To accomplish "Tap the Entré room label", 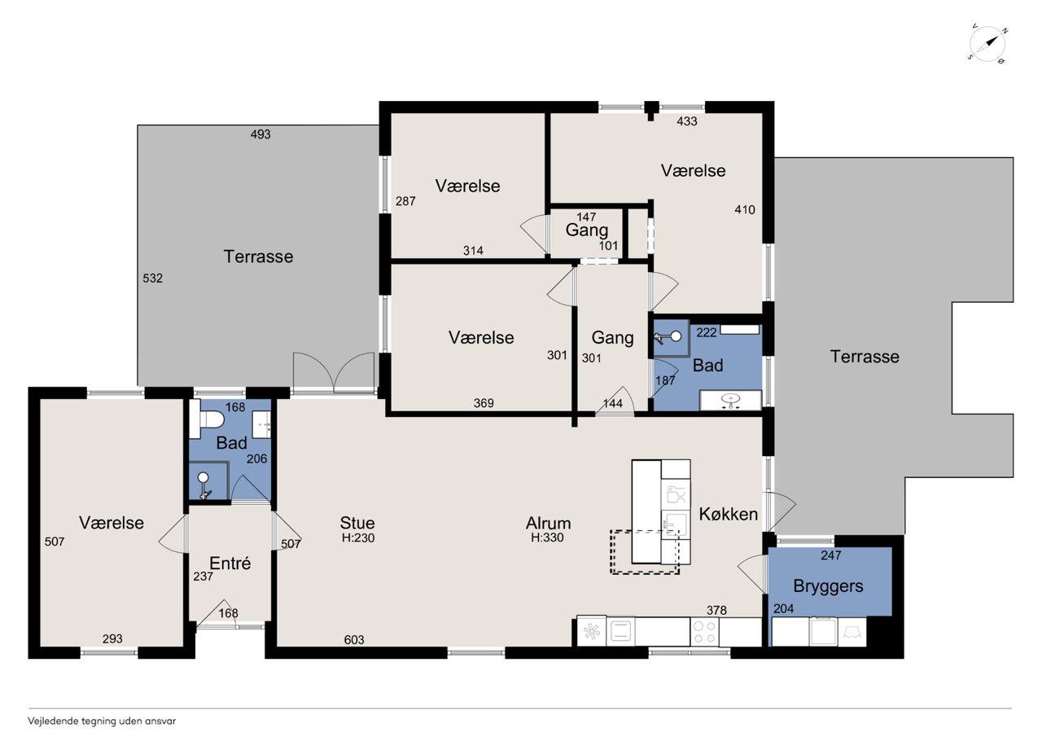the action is [230, 563].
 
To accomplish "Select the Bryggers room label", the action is [828, 586].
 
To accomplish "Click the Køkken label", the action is [729, 514].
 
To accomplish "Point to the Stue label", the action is [357, 523].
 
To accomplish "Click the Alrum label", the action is [548, 523].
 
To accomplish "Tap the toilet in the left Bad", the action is [207, 419].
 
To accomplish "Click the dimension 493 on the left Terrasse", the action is [260, 134].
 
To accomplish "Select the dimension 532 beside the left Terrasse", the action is [152, 279].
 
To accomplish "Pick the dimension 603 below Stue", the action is [354, 640].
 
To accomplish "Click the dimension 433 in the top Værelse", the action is [687, 121].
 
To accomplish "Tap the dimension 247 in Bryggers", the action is [831, 555].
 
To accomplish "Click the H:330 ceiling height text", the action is [548, 537].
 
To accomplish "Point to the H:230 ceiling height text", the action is [358, 537].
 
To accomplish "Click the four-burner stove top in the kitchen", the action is [704, 631].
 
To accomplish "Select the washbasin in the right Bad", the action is [731, 401].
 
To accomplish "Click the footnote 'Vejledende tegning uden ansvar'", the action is [102, 722].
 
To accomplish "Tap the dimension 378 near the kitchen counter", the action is [716, 610].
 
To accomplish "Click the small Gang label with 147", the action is [587, 230].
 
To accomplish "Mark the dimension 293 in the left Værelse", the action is [112, 638].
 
